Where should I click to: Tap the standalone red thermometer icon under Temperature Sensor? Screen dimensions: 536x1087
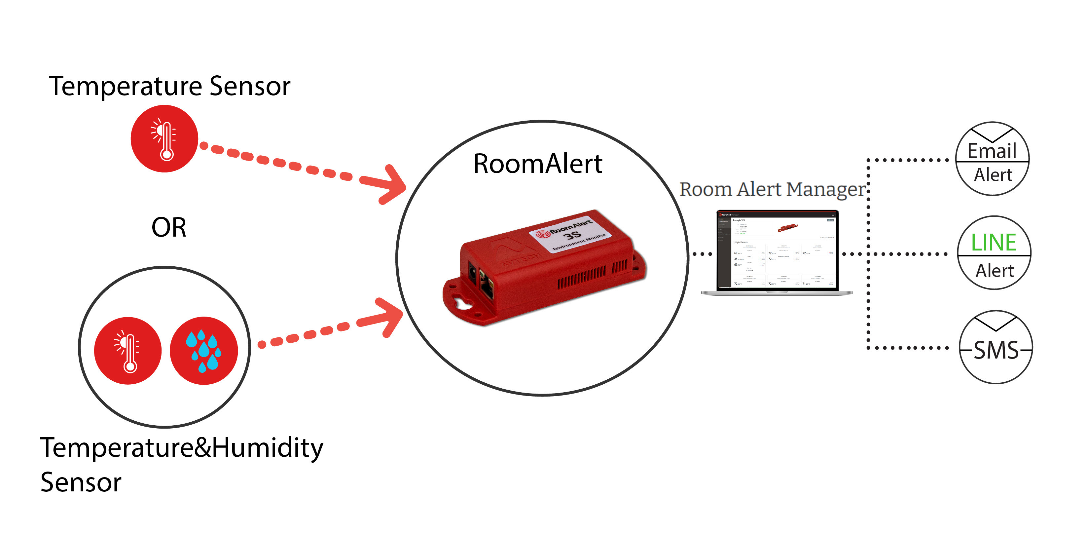[164, 138]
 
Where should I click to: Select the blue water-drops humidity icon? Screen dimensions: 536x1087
[204, 350]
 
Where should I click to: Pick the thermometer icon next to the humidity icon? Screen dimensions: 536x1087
[128, 350]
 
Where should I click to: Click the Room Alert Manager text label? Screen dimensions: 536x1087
[772, 189]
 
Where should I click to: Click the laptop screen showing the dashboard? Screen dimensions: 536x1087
[777, 250]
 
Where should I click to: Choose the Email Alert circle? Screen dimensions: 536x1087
[992, 159]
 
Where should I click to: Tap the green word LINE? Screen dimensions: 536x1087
[994, 243]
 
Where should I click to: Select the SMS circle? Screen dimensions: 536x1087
[996, 348]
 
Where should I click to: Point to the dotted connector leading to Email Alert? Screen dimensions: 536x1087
[907, 160]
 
